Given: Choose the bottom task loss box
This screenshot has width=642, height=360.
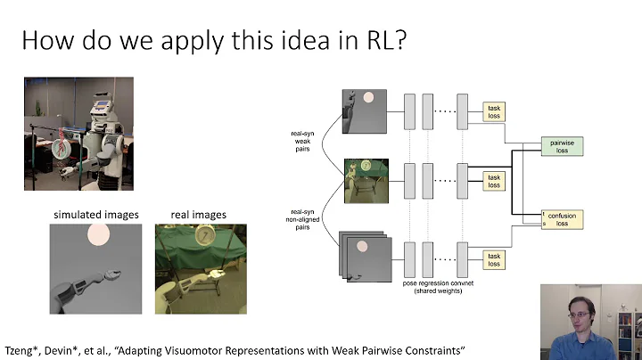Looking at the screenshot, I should pos(493,258).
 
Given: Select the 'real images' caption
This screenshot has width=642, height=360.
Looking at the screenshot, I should pos(198,215).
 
